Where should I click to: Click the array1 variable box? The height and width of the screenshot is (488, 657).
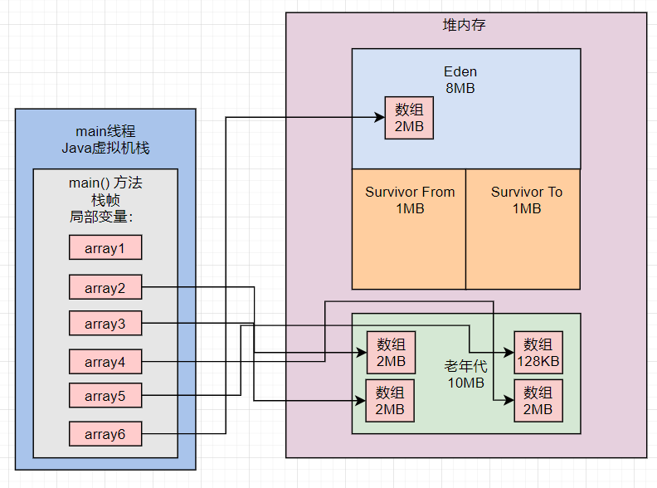click(x=105, y=247)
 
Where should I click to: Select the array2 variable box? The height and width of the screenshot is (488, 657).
click(x=105, y=287)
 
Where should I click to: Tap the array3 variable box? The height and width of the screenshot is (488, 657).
click(x=105, y=323)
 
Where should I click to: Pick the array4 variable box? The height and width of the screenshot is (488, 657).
click(x=105, y=361)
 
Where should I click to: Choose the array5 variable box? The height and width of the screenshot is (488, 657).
click(x=105, y=395)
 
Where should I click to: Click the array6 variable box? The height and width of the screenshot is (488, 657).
click(x=105, y=433)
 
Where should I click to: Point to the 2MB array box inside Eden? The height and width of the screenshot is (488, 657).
click(x=409, y=118)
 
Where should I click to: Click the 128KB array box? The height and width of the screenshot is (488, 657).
click(x=538, y=353)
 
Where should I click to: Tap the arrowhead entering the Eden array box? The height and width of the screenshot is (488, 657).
click(x=380, y=117)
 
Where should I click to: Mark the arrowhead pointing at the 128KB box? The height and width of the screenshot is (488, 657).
click(x=509, y=353)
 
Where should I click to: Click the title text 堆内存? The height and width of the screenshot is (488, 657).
click(x=464, y=25)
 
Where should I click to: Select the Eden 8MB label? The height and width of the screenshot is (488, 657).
click(x=460, y=80)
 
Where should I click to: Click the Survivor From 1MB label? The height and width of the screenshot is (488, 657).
click(x=410, y=200)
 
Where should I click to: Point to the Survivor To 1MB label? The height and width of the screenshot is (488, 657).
click(x=527, y=200)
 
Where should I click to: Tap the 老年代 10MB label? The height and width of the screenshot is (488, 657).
click(x=466, y=374)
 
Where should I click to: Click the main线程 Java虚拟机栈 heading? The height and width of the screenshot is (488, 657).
click(x=105, y=139)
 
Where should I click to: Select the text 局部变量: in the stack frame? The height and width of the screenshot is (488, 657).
click(x=101, y=217)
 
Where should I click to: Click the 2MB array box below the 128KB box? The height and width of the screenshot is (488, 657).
click(x=538, y=401)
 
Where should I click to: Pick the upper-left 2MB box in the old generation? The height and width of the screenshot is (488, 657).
click(x=391, y=353)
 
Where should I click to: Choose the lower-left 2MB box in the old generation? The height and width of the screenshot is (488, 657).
click(x=390, y=401)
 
